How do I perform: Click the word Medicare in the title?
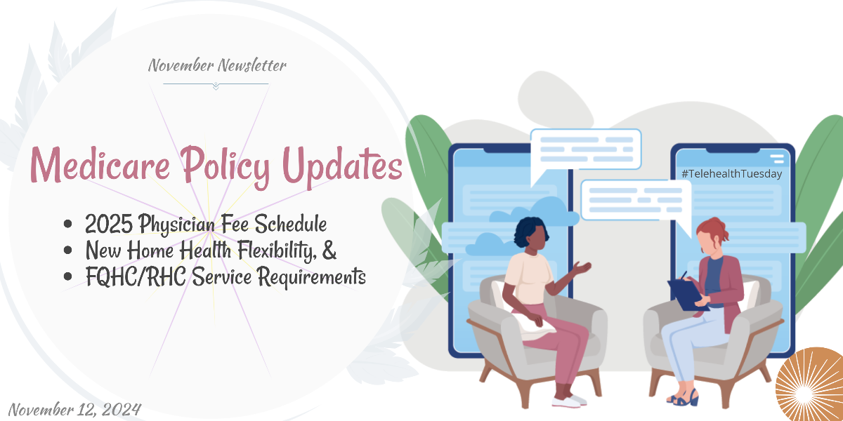click(x=100, y=164)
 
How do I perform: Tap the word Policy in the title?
click(x=225, y=167)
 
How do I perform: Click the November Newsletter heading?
click(x=217, y=65)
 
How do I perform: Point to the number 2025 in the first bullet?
click(x=108, y=224)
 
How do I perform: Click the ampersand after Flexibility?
click(x=329, y=250)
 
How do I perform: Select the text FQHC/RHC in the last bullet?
click(x=136, y=276)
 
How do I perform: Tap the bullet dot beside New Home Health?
click(x=67, y=250)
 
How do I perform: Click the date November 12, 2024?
click(x=74, y=409)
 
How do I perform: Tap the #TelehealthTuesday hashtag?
click(x=731, y=174)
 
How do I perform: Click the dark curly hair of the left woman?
click(x=530, y=231)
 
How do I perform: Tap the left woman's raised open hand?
click(x=582, y=268)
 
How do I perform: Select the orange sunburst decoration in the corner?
click(x=809, y=385)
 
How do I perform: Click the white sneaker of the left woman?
click(x=569, y=401)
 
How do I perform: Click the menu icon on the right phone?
click(x=777, y=159)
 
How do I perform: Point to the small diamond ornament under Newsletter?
click(x=216, y=86)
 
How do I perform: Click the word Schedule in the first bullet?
click(x=291, y=224)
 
